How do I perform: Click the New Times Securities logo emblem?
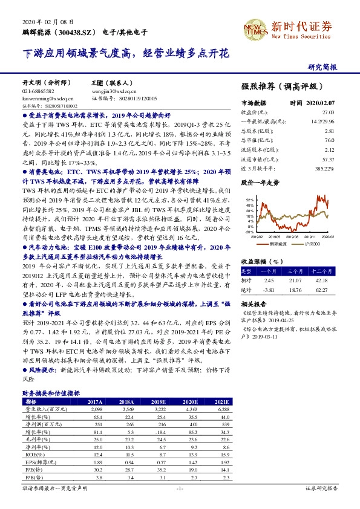click(253, 28)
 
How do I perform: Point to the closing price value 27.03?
click(327, 112)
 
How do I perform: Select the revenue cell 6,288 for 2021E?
click(221, 409)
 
